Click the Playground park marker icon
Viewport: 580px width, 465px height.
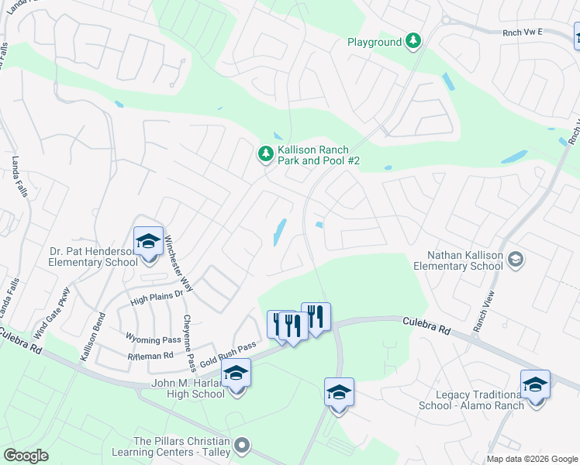coord(414,41)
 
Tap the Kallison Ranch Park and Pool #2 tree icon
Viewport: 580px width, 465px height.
coord(266,155)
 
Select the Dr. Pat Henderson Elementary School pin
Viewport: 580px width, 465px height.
coord(148,243)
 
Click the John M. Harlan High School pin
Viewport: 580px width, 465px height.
coord(236,374)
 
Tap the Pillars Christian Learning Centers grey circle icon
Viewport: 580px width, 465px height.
coord(243,445)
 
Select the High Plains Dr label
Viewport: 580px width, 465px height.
coord(155,295)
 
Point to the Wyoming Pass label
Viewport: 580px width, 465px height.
coord(153,339)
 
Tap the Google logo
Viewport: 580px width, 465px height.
coord(26,456)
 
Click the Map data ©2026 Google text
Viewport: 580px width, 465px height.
coord(532,459)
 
